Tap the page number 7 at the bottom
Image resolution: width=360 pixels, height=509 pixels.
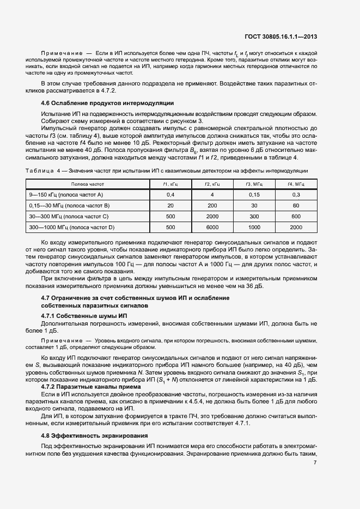315,462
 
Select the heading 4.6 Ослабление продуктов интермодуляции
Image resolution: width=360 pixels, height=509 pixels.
107,103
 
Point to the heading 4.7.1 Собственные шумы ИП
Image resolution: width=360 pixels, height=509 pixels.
84,316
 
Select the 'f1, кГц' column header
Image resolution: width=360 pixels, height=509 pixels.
170,185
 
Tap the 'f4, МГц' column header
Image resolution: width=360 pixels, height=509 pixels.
296,185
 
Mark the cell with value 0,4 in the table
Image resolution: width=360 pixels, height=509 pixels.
170,194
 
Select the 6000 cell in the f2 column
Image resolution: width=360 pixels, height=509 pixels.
212,227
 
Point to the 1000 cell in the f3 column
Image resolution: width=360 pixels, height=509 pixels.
254,227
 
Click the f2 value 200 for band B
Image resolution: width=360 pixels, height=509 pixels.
212,205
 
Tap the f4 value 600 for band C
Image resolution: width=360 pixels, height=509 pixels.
296,216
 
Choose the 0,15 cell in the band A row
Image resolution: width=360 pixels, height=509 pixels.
254,194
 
